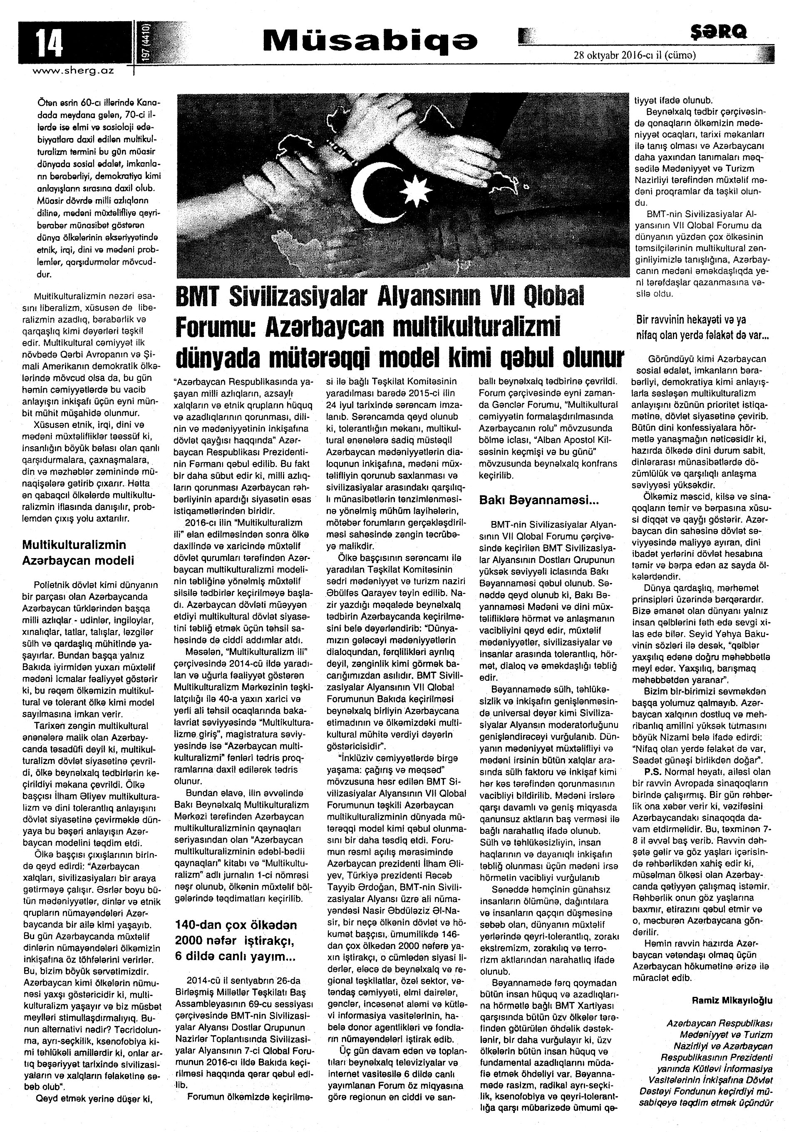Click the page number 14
48,43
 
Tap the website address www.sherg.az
73,71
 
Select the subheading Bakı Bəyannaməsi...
539,500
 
